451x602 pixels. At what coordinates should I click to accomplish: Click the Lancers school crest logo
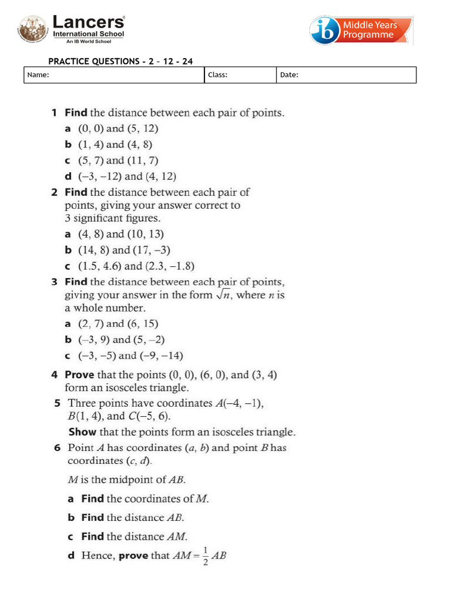pos(33,29)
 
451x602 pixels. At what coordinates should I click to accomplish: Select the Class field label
pos(218,75)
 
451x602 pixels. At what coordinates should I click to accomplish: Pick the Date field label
pos(290,75)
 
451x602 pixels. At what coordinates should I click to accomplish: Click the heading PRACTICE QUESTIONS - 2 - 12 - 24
pos(120,61)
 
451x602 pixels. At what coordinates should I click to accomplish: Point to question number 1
pos(54,112)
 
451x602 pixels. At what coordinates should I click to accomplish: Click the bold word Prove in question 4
pos(79,374)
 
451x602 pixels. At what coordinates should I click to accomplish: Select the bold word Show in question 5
pos(82,432)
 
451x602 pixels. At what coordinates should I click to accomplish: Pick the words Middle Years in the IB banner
pos(370,25)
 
